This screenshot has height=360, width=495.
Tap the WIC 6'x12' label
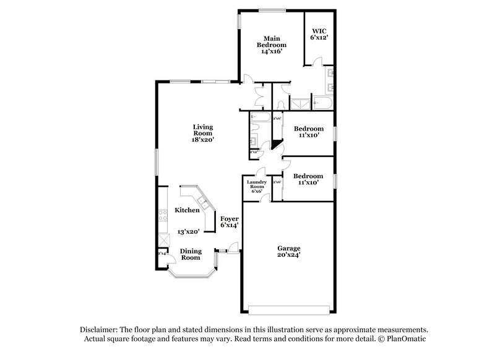point(319,34)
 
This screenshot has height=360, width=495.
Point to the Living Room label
point(203,132)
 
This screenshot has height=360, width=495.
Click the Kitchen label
point(187,210)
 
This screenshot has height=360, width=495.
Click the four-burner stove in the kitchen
point(163,216)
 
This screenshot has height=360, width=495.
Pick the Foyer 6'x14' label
point(229,222)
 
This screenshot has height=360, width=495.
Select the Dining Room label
point(191,254)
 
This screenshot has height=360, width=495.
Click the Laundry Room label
point(256,186)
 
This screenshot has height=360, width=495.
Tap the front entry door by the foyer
point(233,247)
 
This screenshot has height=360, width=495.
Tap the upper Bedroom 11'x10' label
point(308,132)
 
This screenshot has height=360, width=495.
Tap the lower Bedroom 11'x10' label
point(308,179)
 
